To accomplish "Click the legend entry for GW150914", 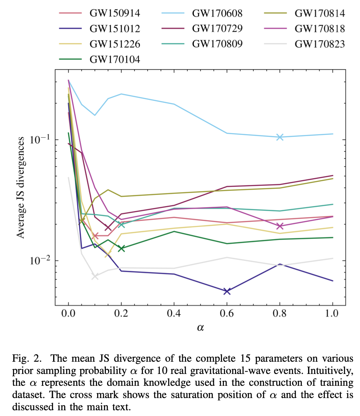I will [114, 14].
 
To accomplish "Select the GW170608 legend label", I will [217, 14].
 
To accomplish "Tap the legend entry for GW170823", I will [319, 44].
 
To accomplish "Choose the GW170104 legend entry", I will [114, 59].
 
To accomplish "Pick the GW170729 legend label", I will [217, 29].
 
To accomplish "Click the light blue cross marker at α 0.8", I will [280, 137].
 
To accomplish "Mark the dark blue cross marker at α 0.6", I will [227, 291].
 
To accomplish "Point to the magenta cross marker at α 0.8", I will [280, 226].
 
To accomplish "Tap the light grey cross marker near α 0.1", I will [95, 276].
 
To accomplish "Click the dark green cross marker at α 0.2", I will [122, 249].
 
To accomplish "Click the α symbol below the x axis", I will [201, 327].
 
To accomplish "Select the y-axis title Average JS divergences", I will [22, 187].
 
